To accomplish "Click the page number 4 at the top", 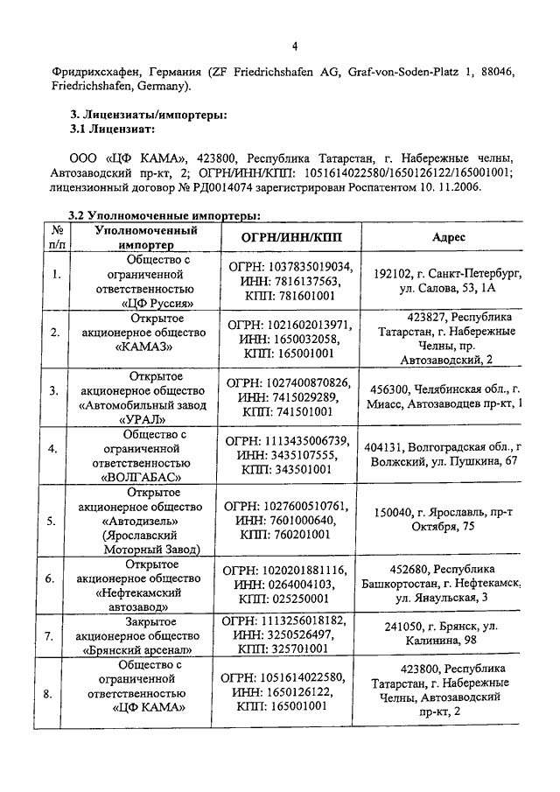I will click(295, 46).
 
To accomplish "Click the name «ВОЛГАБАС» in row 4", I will click(145, 477).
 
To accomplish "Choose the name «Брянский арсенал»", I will click(145, 650).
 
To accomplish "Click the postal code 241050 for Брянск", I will click(404, 627).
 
